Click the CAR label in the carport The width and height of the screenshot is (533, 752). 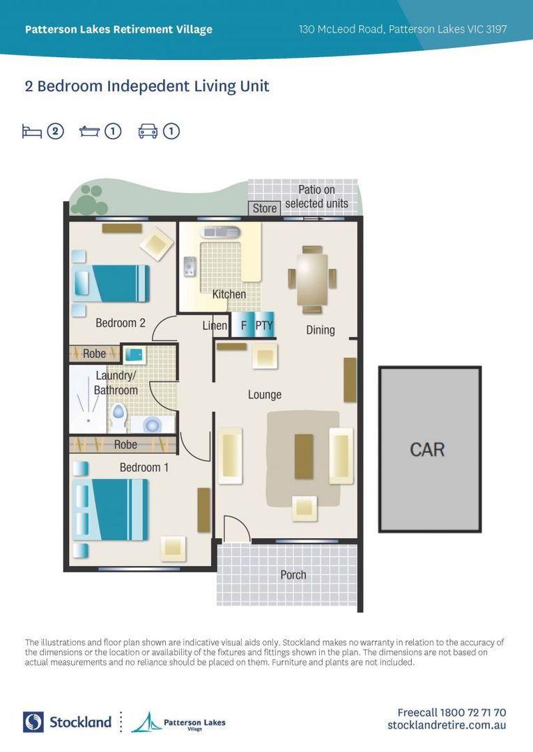(x=426, y=449)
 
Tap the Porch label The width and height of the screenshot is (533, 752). (x=293, y=574)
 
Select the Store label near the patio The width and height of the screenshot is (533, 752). (x=265, y=208)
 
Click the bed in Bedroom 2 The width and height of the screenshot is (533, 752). (x=111, y=283)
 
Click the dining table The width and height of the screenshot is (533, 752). (x=312, y=278)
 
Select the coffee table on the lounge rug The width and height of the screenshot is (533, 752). (x=304, y=456)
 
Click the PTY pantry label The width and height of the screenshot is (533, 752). (x=263, y=325)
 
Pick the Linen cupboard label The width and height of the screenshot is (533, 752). (x=215, y=325)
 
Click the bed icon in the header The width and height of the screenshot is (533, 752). (x=32, y=131)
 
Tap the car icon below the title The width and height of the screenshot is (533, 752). (x=148, y=131)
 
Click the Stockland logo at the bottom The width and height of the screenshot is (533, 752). (x=67, y=722)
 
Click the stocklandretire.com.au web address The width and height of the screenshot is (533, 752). (x=447, y=726)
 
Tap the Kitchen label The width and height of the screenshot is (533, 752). (x=229, y=294)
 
